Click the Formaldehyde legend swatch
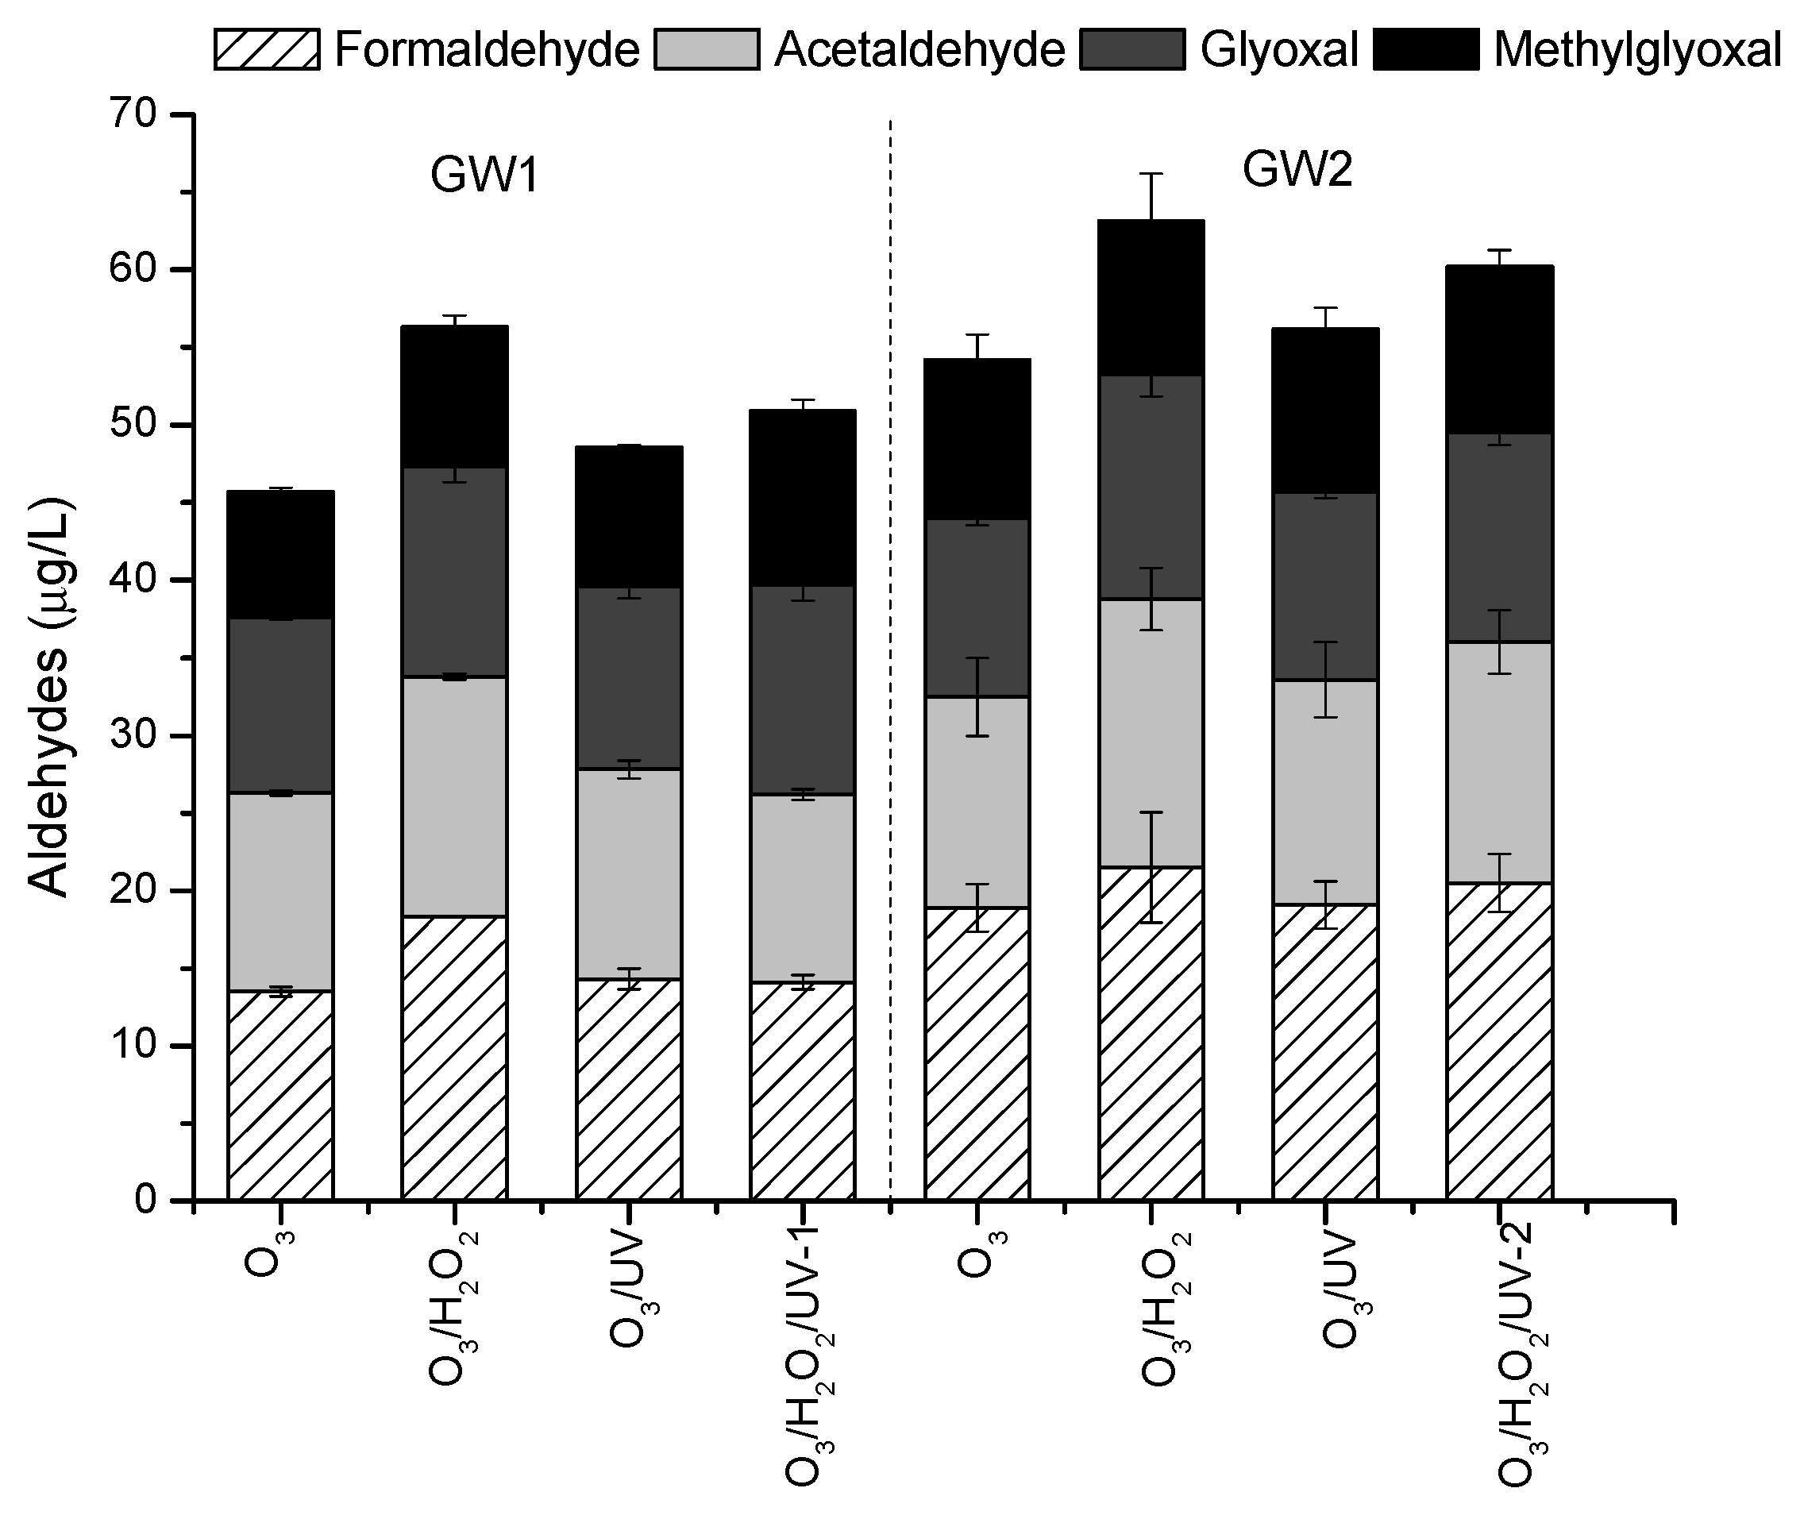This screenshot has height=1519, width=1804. pyautogui.click(x=266, y=49)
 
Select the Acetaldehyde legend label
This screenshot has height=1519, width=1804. pyautogui.click(x=919, y=50)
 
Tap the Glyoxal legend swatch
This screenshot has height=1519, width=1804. pyautogui.click(x=1131, y=49)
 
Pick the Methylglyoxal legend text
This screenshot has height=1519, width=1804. pyautogui.click(x=1637, y=50)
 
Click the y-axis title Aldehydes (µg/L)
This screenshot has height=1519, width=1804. pyautogui.click(x=50, y=697)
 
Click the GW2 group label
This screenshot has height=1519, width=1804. pyautogui.click(x=1297, y=170)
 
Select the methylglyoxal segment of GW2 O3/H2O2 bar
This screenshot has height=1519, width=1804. pyautogui.click(x=1151, y=298)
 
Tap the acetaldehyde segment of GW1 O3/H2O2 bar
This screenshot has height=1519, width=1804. pyautogui.click(x=454, y=796)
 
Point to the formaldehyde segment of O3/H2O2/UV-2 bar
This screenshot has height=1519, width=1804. pyautogui.click(x=1499, y=1041)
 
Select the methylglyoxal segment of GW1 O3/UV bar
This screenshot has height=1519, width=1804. pyautogui.click(x=629, y=517)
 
